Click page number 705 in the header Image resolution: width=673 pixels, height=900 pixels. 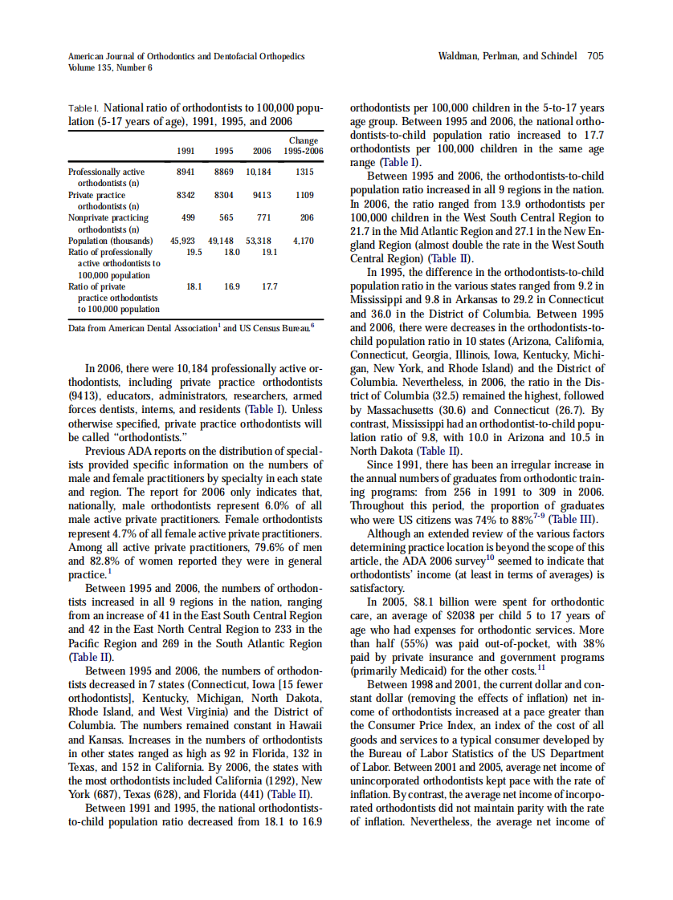click(x=595, y=56)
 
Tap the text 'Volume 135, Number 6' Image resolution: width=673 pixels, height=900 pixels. click(x=111, y=67)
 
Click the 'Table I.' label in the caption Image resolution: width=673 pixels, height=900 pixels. click(x=84, y=107)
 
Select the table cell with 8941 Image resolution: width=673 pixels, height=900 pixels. click(x=186, y=172)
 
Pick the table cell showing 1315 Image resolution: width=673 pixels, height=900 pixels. click(x=304, y=172)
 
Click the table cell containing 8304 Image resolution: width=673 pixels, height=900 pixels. click(x=223, y=195)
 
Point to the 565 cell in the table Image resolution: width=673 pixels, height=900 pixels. click(x=226, y=217)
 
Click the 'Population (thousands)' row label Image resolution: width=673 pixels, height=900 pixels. click(x=111, y=241)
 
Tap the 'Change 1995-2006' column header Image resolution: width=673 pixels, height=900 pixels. click(x=303, y=146)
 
